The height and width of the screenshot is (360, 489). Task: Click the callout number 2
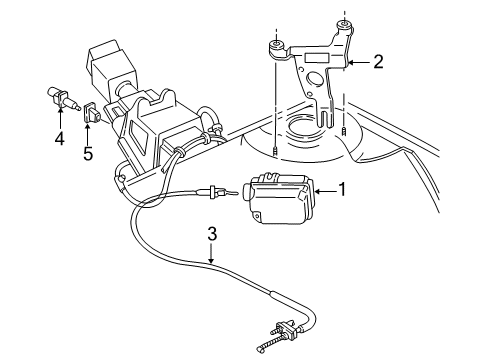coord(378,62)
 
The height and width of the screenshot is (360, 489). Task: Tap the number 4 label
coord(60,139)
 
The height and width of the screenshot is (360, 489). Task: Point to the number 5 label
coord(87,155)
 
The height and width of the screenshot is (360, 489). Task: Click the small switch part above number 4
coord(61,100)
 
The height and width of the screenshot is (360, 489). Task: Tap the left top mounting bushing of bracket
coord(272,45)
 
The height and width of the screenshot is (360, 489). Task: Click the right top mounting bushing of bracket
coord(343,23)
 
